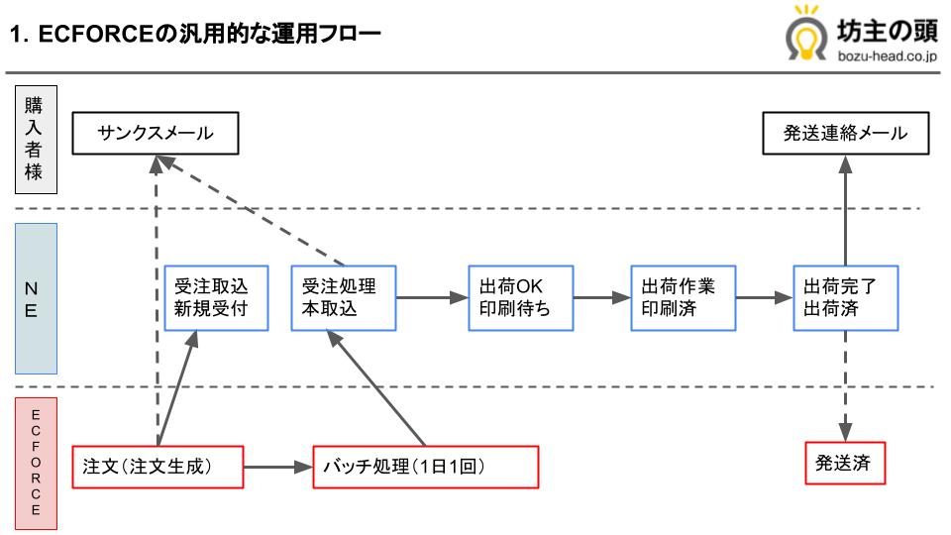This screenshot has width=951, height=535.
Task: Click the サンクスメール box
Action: [156, 134]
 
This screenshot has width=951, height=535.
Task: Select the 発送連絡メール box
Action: [845, 134]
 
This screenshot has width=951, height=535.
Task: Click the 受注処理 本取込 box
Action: [343, 297]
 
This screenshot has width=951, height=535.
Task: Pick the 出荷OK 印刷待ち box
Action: [520, 297]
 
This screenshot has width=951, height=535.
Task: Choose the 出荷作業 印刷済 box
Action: [683, 297]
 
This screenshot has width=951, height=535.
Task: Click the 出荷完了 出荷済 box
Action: [845, 297]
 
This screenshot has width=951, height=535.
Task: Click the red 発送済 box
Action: [845, 463]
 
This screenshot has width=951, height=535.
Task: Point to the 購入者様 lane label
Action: [35, 139]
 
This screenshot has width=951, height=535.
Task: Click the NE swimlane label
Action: [35, 297]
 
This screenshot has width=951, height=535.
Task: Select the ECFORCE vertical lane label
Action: [35, 462]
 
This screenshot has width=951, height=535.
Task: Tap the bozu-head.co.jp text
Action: [886, 57]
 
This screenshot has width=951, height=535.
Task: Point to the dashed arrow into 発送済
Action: [845, 386]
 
